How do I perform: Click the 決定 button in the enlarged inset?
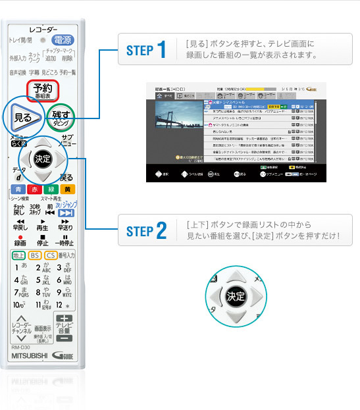click(236, 295)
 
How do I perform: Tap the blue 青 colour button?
click(16, 190)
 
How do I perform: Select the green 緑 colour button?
click(51, 190)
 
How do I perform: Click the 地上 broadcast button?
click(19, 255)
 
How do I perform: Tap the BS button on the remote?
click(35, 255)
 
